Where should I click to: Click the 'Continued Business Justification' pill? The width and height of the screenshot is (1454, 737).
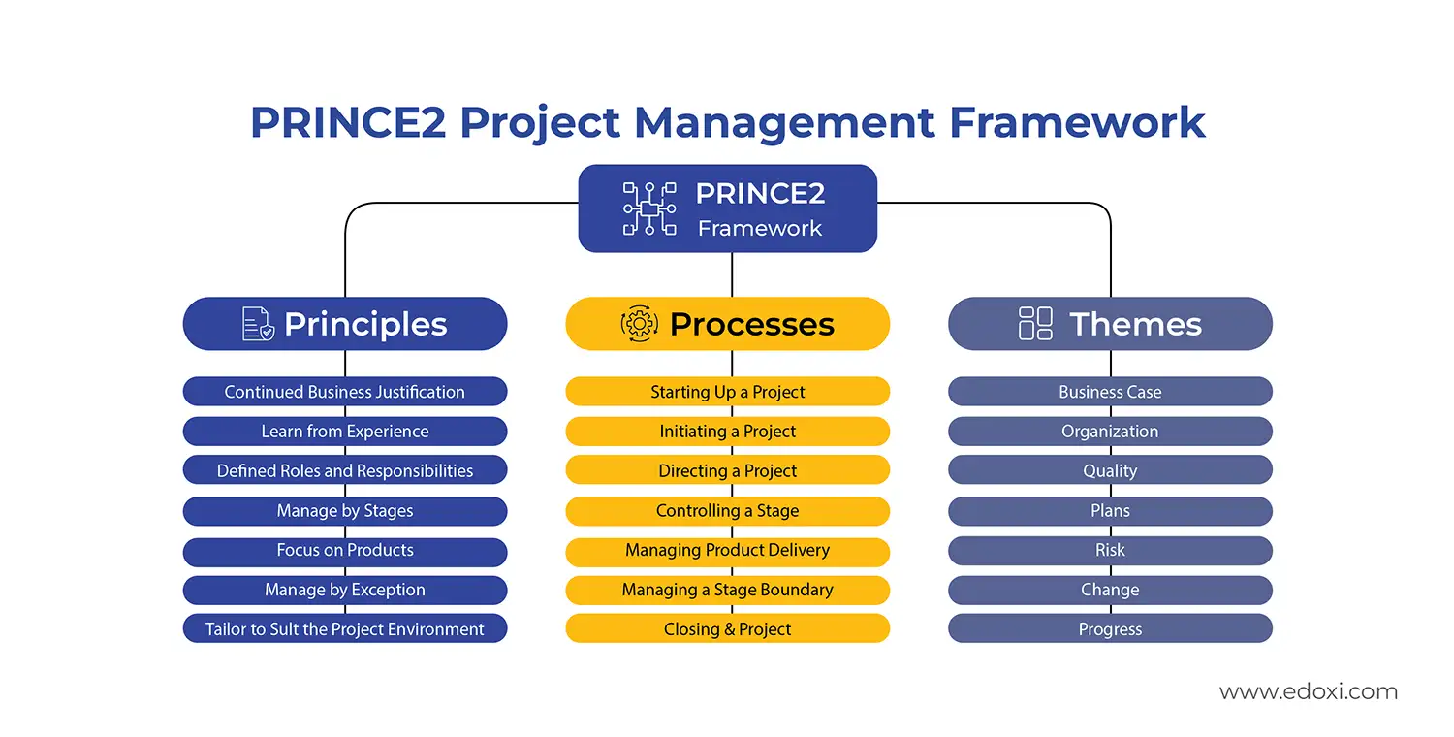344,392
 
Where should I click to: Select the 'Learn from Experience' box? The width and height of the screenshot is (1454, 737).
344,432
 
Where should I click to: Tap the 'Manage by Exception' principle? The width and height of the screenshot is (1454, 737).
344,590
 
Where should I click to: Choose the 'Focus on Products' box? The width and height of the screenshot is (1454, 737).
344,550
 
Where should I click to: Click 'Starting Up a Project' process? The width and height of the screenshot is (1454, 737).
727,392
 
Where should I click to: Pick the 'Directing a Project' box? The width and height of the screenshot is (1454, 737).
727,471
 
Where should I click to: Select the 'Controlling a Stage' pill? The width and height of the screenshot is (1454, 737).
727,511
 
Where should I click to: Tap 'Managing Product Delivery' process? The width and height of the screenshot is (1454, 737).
727,550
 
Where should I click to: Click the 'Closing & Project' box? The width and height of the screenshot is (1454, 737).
727,629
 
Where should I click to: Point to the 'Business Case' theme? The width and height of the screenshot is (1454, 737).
1110,392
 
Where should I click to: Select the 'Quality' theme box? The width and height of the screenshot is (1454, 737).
1110,471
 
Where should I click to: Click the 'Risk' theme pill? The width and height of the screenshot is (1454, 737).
1110,550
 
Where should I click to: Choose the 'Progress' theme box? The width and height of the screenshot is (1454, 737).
1110,629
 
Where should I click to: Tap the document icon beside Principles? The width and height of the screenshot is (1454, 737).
258,324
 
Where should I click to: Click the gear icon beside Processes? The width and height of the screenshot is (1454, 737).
640,324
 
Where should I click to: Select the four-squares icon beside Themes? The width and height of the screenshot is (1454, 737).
1035,324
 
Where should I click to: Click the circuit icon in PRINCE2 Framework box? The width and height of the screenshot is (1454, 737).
649,208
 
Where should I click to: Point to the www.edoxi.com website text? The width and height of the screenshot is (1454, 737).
1308,692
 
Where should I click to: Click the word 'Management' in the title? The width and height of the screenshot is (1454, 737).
784,123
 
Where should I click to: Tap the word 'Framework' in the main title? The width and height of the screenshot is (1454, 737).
1077,123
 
